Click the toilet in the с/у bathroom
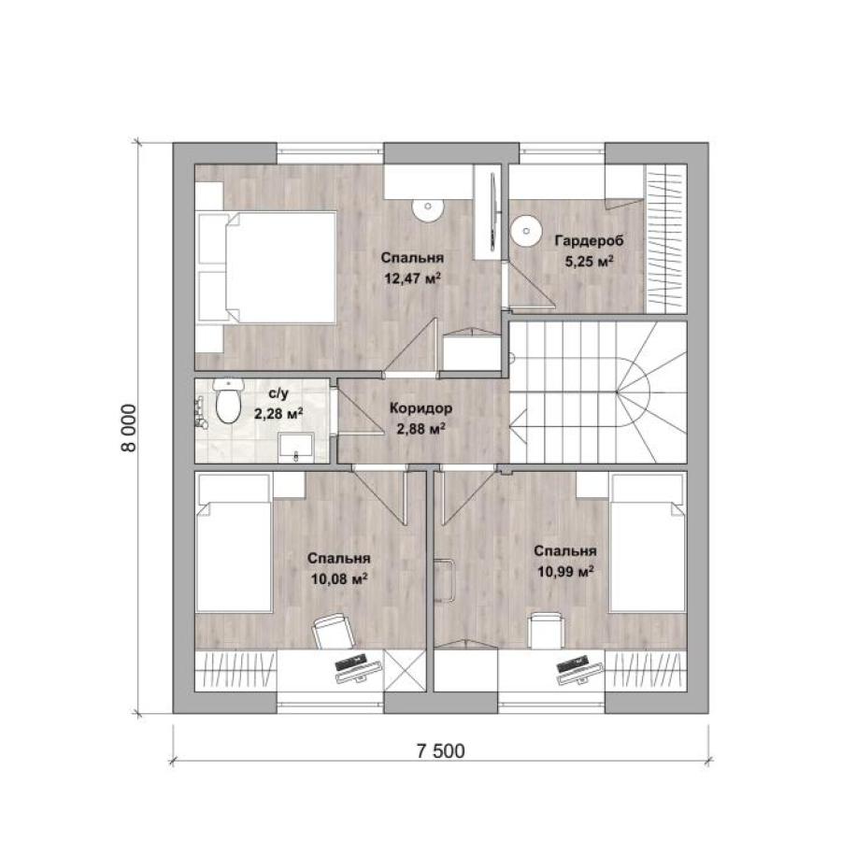pyautogui.click(x=229, y=401)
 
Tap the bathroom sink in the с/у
pyautogui.click(x=296, y=449)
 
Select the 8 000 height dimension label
pyautogui.click(x=129, y=427)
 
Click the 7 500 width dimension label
pyautogui.click(x=440, y=751)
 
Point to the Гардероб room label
pyautogui.click(x=589, y=241)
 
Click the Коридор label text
pyautogui.click(x=421, y=408)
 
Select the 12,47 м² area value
pyautogui.click(x=412, y=278)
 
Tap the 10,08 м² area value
pyautogui.click(x=339, y=578)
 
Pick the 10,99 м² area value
pyautogui.click(x=565, y=572)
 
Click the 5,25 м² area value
pyautogui.click(x=589, y=262)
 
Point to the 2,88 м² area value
pyautogui.click(x=421, y=429)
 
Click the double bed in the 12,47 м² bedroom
pyautogui.click(x=266, y=267)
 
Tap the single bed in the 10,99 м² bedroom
pyautogui.click(x=648, y=543)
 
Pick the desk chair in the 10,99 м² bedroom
pyautogui.click(x=546, y=631)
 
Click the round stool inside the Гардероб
pyautogui.click(x=526, y=231)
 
